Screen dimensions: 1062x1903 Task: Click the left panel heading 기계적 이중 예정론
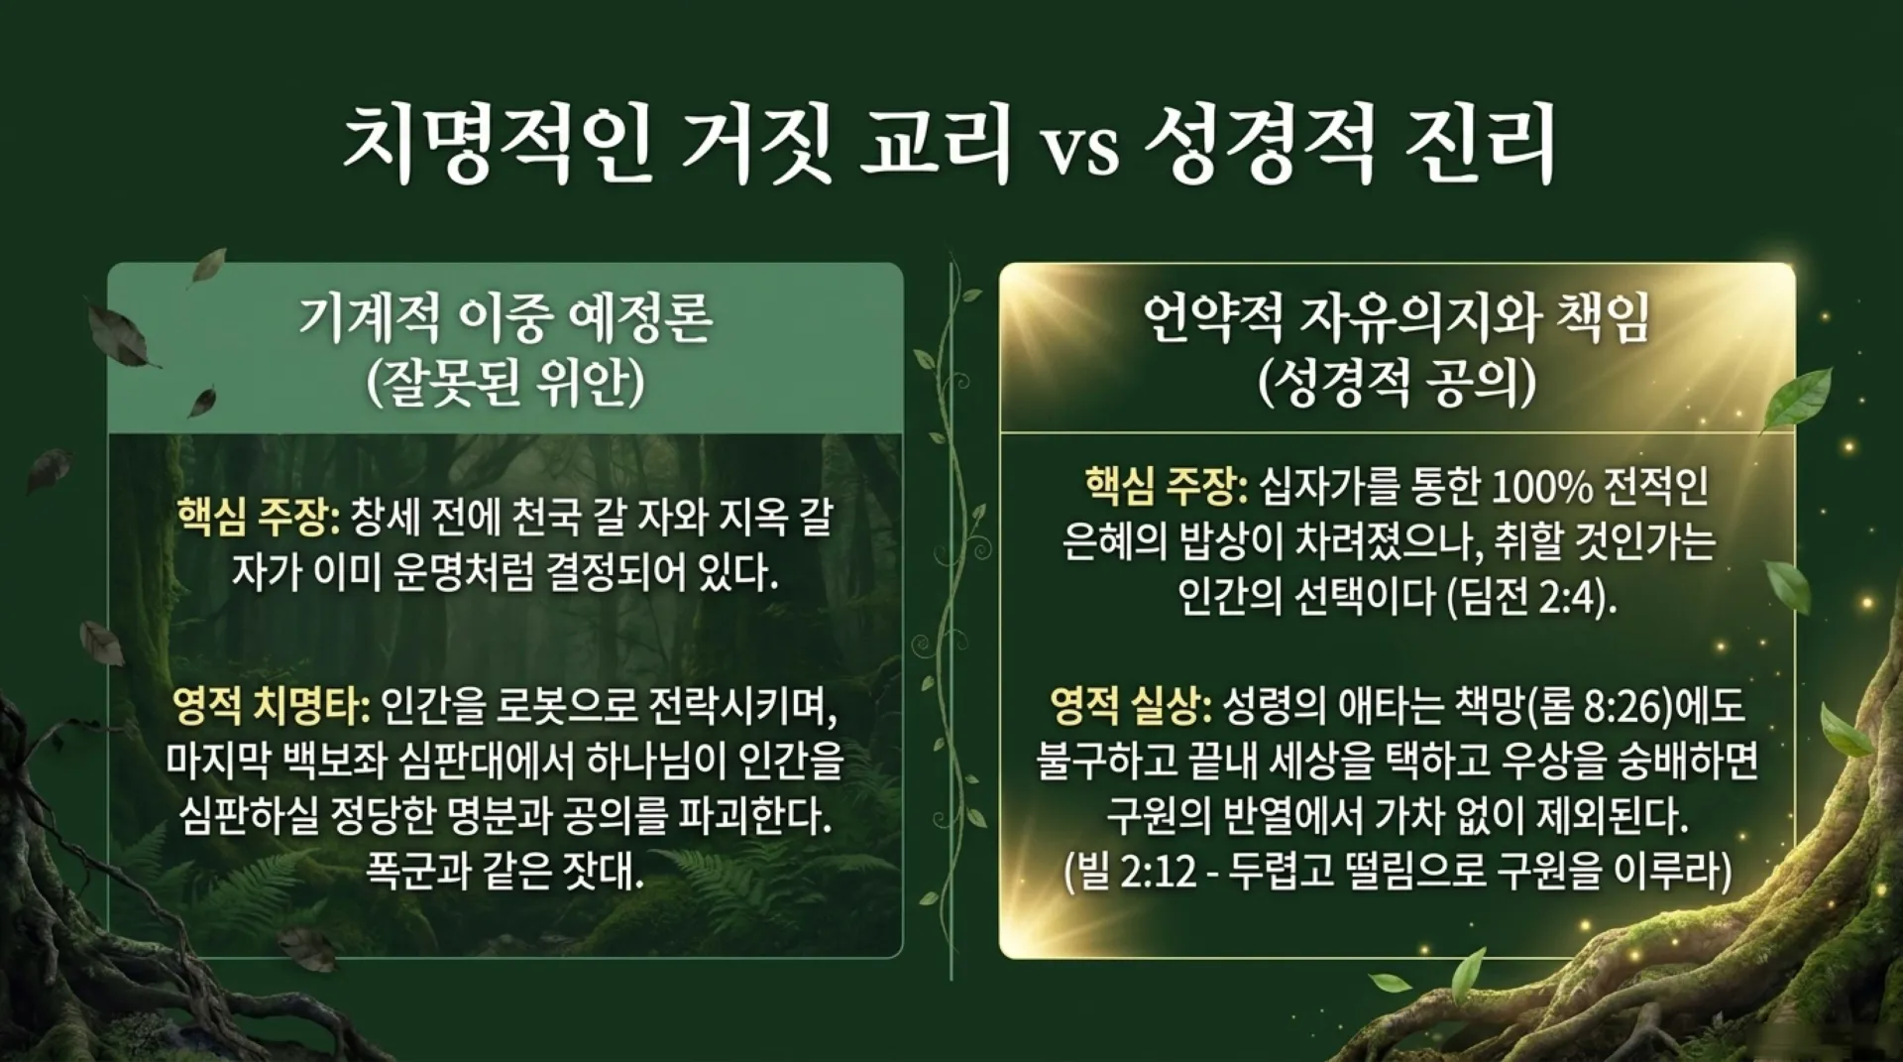505,319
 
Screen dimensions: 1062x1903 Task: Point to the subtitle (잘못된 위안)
505,383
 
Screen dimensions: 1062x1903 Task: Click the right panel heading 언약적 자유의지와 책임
1396,319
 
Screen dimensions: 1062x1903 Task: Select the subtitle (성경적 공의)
1396,383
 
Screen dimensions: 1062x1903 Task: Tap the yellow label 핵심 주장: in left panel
258,517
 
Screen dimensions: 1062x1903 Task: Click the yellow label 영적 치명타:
271,706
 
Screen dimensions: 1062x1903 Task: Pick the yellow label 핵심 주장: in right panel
1167,486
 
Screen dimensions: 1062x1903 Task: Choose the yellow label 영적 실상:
1131,706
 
